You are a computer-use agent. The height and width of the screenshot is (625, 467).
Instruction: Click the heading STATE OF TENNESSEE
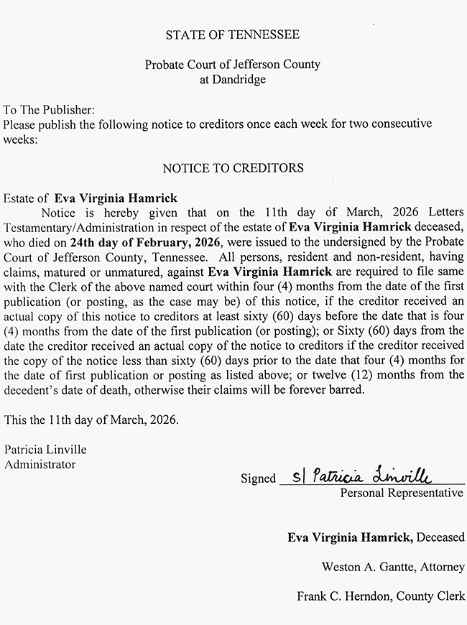233,34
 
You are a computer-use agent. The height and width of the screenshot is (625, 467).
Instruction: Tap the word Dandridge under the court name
233,79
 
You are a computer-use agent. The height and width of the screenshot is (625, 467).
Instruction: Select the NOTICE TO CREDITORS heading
233,168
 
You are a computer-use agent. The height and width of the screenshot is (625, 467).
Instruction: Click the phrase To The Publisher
49,110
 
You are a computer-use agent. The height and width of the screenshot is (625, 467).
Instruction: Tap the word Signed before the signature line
258,478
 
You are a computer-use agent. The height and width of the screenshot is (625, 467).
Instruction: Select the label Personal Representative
402,494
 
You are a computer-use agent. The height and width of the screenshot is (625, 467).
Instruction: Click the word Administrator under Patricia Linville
40,464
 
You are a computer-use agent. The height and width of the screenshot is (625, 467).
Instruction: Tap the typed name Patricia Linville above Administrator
45,450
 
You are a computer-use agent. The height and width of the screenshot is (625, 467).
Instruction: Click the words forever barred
328,391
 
